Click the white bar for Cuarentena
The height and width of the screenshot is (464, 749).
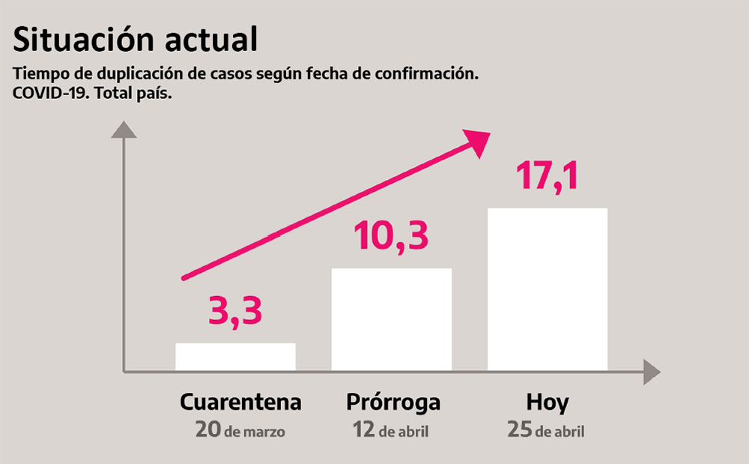(x=235, y=356)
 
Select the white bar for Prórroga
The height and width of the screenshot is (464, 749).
(x=391, y=319)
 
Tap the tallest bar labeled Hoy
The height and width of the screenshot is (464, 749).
(x=547, y=289)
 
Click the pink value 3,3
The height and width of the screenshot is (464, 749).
(x=235, y=312)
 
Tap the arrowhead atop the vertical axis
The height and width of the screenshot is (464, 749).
(x=124, y=130)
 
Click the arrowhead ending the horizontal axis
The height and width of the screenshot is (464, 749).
(x=651, y=372)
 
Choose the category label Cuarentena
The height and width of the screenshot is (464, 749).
(x=240, y=403)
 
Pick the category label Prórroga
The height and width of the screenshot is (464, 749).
(x=393, y=403)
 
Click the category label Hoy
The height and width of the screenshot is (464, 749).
(x=547, y=403)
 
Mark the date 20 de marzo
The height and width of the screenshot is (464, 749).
(x=240, y=431)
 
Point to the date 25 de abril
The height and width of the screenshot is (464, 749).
(x=545, y=431)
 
